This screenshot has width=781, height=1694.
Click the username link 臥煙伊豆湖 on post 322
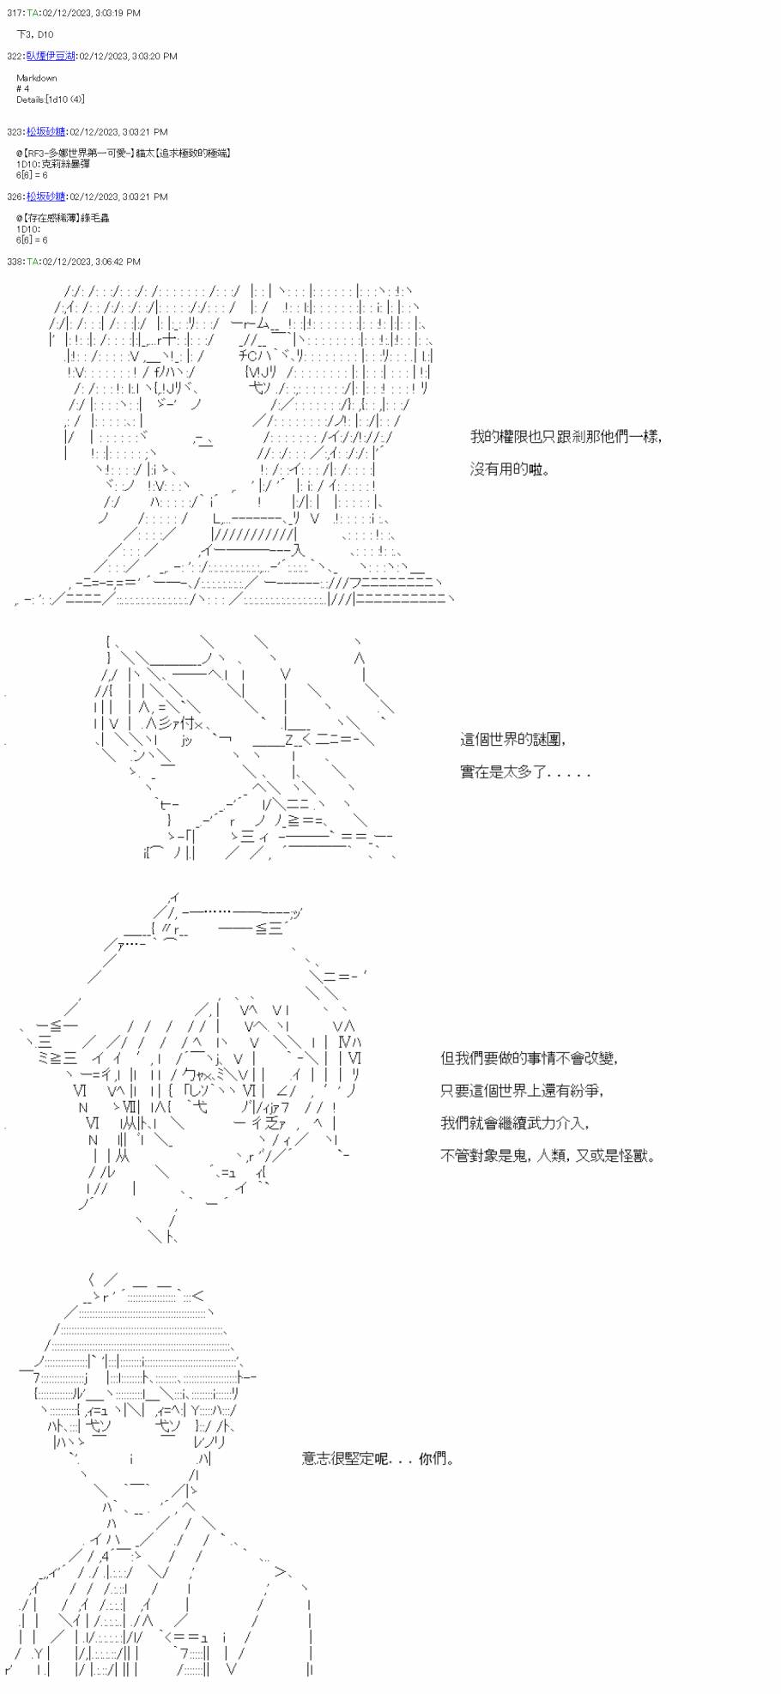pyautogui.click(x=51, y=56)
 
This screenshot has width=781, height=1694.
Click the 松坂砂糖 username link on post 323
pyautogui.click(x=45, y=132)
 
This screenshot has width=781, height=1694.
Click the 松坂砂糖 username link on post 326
pyautogui.click(x=45, y=197)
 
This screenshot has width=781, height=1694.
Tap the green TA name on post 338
pyautogui.click(x=33, y=262)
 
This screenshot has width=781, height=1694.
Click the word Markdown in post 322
pyautogui.click(x=36, y=78)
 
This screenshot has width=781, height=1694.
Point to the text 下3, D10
pyautogui.click(x=34, y=34)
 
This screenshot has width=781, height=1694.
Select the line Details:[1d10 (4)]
pyautogui.click(x=50, y=100)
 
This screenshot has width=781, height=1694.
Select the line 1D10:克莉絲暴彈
pyautogui.click(x=52, y=164)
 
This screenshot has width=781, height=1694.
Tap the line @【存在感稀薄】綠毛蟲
pyautogui.click(x=63, y=218)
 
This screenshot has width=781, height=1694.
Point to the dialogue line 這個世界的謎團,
pyautogui.click(x=513, y=739)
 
